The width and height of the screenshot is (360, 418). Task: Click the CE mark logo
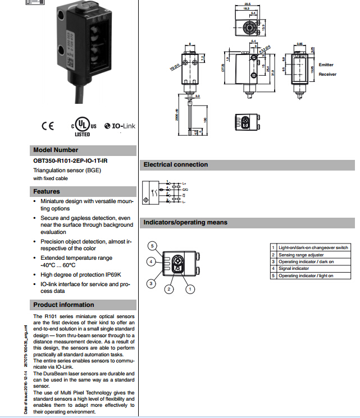click(x=48, y=125)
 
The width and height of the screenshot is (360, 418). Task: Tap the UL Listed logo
click(x=82, y=127)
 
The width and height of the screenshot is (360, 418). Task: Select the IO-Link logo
click(x=120, y=126)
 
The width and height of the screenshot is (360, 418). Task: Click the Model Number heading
click(x=56, y=150)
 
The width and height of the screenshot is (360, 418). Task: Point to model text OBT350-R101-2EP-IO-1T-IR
click(x=70, y=161)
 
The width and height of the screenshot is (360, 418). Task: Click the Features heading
click(x=47, y=192)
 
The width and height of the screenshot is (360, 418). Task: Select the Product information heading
click(x=63, y=305)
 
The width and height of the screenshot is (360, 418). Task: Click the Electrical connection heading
click(x=175, y=165)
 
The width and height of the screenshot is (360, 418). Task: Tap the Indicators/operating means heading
click(x=185, y=223)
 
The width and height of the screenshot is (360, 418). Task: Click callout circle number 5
click(x=152, y=246)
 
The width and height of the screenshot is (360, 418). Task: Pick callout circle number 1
click(x=190, y=289)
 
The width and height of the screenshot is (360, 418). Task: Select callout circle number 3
click(x=151, y=284)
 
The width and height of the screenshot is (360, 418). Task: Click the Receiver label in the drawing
click(x=327, y=74)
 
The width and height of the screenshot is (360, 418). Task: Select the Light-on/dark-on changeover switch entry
click(x=313, y=247)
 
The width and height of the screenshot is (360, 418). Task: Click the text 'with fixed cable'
click(x=49, y=178)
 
